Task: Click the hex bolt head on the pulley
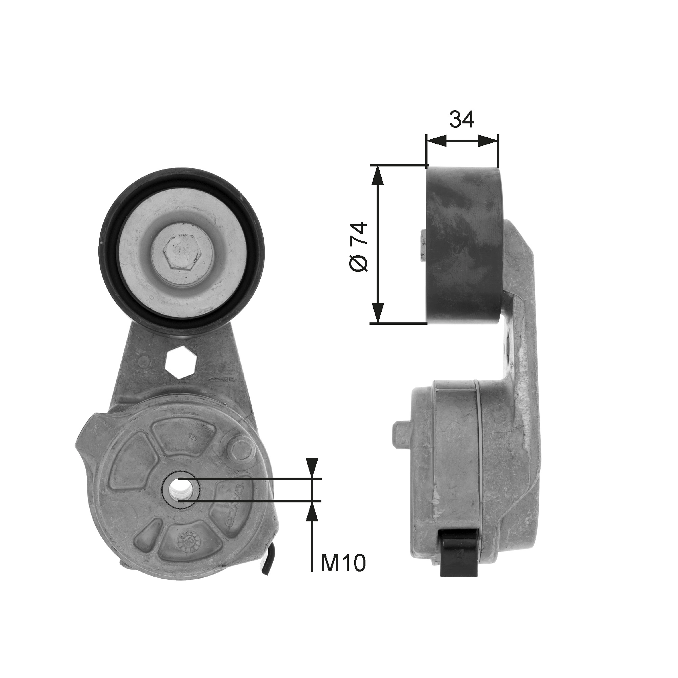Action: point(182,251)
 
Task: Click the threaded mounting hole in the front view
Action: point(180,488)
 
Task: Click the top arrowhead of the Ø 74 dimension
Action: point(377,176)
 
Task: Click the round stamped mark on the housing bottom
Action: point(186,552)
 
